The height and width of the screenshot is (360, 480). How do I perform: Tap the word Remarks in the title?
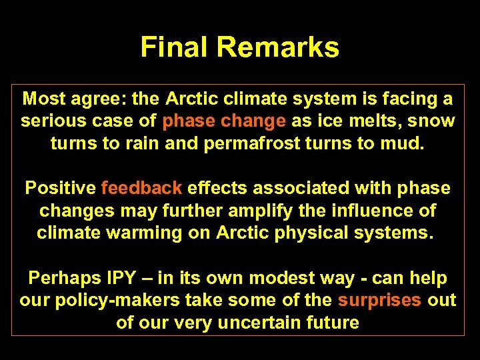(x=278, y=47)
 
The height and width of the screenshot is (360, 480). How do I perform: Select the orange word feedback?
(x=142, y=189)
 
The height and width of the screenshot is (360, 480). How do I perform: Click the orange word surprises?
(x=379, y=301)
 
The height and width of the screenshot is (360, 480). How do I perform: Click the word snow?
(x=435, y=121)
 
